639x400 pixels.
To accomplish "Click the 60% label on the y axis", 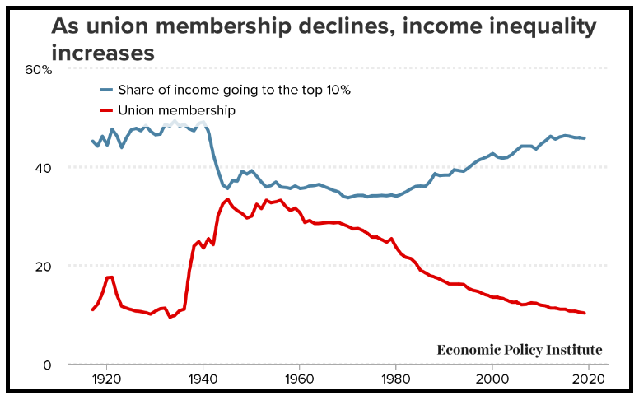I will tap(38, 71).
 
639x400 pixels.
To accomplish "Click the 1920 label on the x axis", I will tap(105, 380).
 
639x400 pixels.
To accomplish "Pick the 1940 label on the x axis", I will tap(202, 380).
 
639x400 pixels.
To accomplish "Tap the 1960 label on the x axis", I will tap(299, 380).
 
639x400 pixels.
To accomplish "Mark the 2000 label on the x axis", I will tap(492, 380).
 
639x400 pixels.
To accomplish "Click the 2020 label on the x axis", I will tap(590, 380).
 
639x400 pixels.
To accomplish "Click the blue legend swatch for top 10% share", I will tap(105, 90).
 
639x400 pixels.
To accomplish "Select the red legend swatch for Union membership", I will tap(105, 110).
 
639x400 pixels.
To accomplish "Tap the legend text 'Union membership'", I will tap(177, 110).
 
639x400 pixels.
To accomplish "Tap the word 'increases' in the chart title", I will tap(102, 53).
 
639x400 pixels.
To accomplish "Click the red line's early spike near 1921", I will tap(110, 277).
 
